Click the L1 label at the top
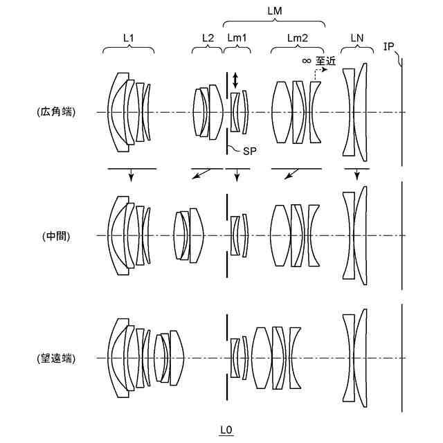click(128, 37)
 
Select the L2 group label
click(208, 37)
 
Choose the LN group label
click(356, 37)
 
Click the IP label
click(389, 46)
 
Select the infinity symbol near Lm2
click(306, 61)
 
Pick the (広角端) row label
click(57, 112)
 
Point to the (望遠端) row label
click(57, 359)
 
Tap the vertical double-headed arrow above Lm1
click(235, 79)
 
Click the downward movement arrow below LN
click(356, 175)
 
